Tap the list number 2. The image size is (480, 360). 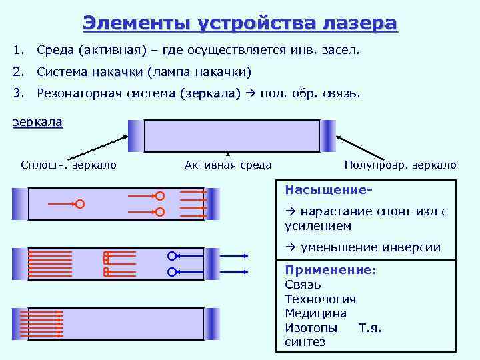click(x=17, y=71)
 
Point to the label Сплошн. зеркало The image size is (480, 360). click(x=69, y=165)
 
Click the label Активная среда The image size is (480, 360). click(x=228, y=165)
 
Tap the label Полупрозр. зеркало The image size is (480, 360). click(x=401, y=165)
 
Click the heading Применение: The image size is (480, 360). click(x=330, y=270)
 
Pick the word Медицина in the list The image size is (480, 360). click(x=315, y=313)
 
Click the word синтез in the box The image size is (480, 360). click(x=305, y=342)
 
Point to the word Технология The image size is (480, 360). click(x=320, y=299)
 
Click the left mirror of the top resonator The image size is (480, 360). click(x=135, y=136)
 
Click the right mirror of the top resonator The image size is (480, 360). click(x=328, y=136)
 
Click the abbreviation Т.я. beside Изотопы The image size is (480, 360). click(x=370, y=327)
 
